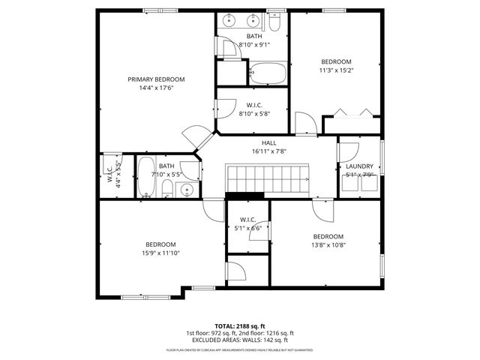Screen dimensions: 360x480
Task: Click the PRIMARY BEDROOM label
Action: (x=156, y=79)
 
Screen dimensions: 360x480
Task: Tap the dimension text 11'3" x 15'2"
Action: (x=337, y=71)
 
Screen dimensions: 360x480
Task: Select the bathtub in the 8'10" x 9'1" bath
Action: (x=267, y=73)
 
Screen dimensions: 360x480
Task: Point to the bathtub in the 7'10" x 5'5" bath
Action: (x=146, y=177)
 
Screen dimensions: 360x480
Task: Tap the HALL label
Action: (x=269, y=142)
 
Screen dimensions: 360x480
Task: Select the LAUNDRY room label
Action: (x=359, y=166)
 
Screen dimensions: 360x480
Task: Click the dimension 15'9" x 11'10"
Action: (x=160, y=253)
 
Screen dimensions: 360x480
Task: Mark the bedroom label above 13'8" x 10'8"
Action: (x=328, y=235)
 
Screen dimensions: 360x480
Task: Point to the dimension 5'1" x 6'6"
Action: (x=247, y=228)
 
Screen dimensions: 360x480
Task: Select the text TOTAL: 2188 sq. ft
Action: (x=240, y=326)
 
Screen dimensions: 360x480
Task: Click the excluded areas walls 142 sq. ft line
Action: (x=240, y=340)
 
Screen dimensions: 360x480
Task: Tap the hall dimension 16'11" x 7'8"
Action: (x=269, y=151)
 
